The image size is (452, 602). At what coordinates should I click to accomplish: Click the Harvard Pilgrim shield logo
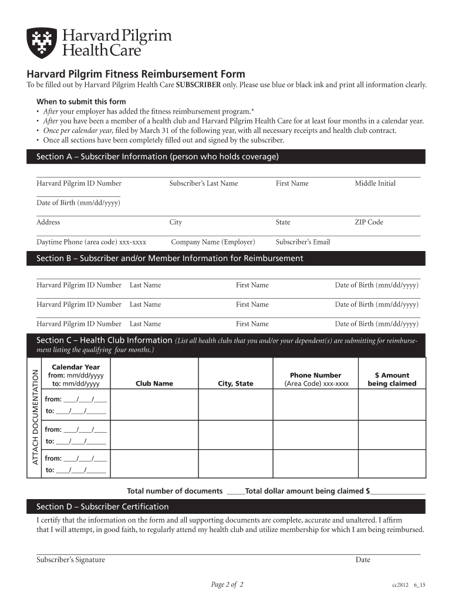coord(42,43)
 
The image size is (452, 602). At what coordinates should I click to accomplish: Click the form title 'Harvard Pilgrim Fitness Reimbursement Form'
coord(136,74)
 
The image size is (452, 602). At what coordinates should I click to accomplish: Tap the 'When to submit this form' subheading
coord(81,102)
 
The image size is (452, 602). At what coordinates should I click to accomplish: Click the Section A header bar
coord(226,156)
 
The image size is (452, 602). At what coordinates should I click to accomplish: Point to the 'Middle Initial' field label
coord(375,183)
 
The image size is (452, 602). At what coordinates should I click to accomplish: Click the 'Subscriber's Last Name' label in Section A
coord(204,183)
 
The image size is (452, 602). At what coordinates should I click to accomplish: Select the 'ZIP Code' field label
coord(369,222)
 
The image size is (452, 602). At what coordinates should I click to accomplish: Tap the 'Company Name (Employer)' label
coord(213,242)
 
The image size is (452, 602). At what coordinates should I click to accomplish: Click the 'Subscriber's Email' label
coord(303,242)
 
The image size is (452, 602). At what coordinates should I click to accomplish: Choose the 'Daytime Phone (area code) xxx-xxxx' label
coord(92,242)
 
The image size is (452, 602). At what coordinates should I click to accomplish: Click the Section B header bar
coord(226,258)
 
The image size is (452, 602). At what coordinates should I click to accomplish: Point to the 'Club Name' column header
coord(154,383)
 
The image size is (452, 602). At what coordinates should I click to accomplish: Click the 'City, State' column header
coord(235,383)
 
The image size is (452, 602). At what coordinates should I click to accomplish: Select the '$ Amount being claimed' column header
coord(392,379)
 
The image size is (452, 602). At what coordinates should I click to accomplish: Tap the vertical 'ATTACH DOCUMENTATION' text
coord(35,416)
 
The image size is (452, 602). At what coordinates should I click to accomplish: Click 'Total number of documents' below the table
coord(175,491)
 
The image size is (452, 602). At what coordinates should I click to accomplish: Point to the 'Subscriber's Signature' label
coord(71,560)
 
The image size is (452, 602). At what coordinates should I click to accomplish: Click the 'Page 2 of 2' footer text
coord(227,584)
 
